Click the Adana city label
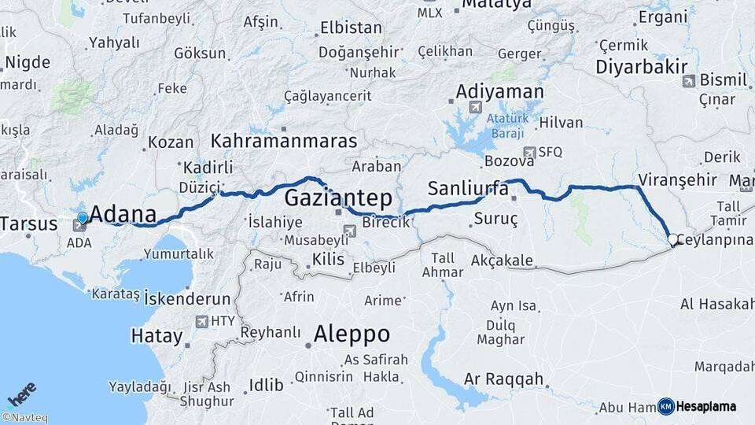pyautogui.click(x=123, y=213)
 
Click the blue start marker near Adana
pyautogui.click(x=83, y=217)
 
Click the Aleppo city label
pyautogui.click(x=352, y=334)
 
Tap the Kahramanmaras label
pyautogui.click(x=283, y=141)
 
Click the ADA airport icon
pyautogui.click(x=79, y=226)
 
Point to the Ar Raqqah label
pyautogui.click(x=503, y=379)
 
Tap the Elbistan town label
pyautogui.click(x=351, y=28)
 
